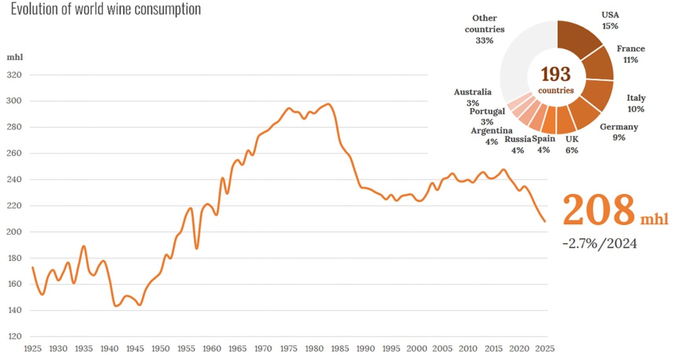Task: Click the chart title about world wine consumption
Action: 105,9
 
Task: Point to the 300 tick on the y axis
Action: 13,101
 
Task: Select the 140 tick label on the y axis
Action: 13,310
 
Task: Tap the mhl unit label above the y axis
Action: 15,57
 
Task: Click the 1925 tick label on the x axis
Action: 32,349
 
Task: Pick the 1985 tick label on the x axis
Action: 340,349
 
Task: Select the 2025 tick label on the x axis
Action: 545,349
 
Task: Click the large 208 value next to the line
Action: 598,210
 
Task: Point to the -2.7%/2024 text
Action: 599,243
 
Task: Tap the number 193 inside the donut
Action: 556,75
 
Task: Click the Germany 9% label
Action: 619,132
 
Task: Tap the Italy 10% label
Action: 636,103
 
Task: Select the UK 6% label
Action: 572,145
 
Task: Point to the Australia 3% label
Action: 472,97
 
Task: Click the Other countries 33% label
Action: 484,29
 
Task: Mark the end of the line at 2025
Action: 546,221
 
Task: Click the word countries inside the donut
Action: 556,91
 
